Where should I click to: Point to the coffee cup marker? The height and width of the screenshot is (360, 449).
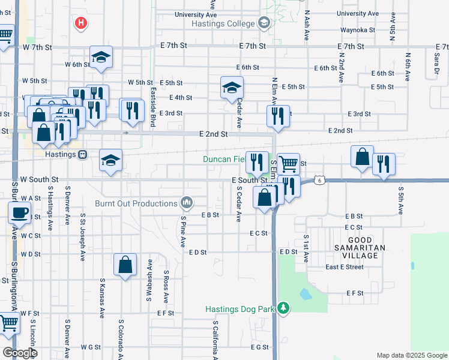coord(19,212)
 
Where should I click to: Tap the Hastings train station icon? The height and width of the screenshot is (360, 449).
coord(83,154)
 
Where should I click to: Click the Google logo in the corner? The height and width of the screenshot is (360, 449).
coord(20,353)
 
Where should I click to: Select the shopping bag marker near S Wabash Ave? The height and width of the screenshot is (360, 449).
coord(125,265)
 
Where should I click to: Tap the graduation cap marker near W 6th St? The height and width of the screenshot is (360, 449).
coord(101,57)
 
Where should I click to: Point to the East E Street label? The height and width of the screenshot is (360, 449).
coord(345,267)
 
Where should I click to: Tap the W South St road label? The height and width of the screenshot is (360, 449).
coord(39,179)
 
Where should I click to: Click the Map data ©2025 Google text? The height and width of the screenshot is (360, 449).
coord(412,355)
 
